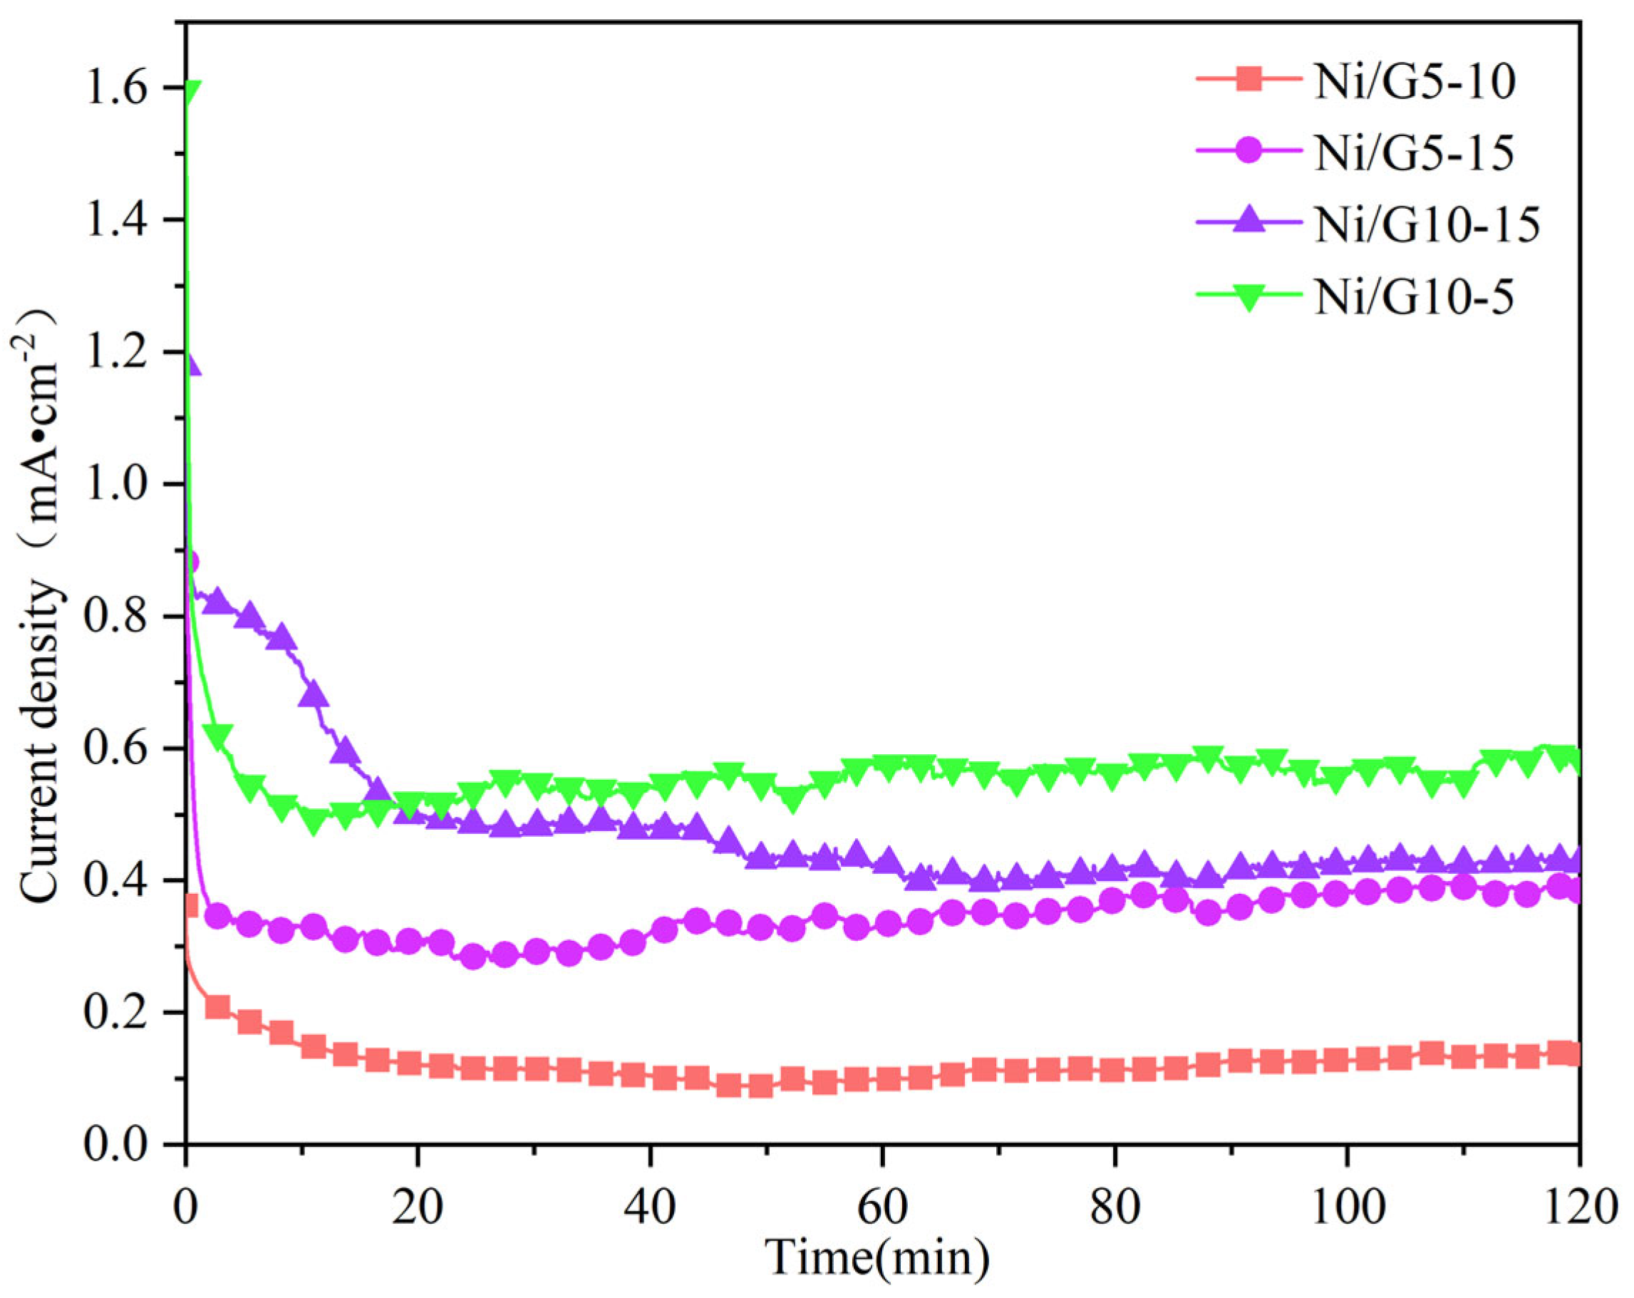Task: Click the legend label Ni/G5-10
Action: tap(1415, 81)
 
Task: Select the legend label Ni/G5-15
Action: tap(1415, 153)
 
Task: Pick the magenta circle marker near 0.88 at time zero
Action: tap(190, 562)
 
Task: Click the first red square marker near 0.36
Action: tap(189, 906)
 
